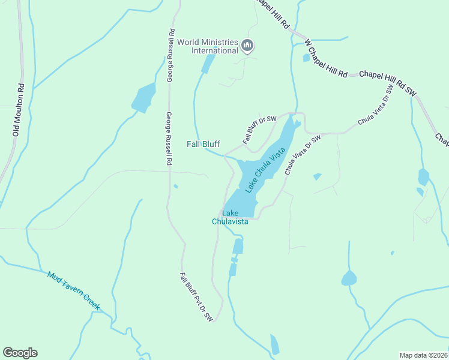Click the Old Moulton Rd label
point(19,110)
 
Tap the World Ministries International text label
point(206,46)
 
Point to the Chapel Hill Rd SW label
point(387,83)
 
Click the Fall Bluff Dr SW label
point(259,130)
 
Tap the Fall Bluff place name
point(203,144)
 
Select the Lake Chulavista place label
point(230,217)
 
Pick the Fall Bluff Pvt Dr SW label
point(196,298)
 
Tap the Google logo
point(20,353)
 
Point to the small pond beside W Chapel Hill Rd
point(306,58)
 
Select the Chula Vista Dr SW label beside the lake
point(303,154)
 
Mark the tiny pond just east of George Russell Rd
point(175,186)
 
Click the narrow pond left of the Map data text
point(274,344)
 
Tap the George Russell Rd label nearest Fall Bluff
point(170,139)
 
